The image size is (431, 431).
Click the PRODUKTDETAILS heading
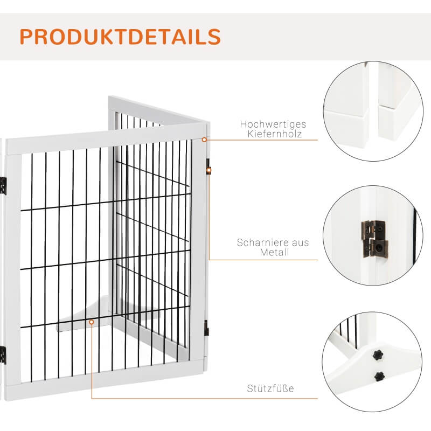[120, 36]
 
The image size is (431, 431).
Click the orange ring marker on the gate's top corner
[205, 140]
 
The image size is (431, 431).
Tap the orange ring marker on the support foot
[92, 322]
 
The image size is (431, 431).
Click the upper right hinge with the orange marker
[208, 170]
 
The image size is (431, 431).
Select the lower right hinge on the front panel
[206, 326]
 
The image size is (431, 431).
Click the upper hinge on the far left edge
[3, 185]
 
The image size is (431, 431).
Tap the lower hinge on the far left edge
[3, 354]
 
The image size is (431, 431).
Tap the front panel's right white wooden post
[198, 253]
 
